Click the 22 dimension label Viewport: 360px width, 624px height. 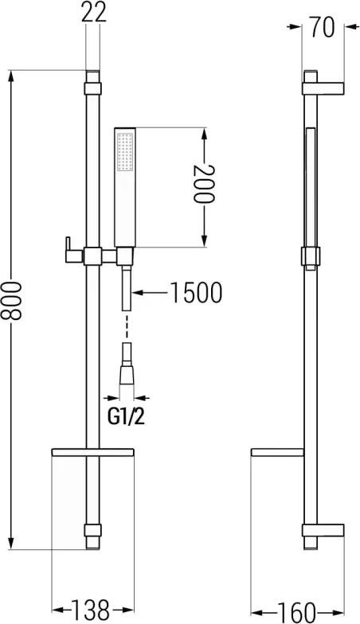tap(94, 12)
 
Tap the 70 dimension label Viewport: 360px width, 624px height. tap(323, 27)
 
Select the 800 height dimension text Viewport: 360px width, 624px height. tap(11, 301)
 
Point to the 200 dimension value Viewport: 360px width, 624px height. tap(204, 185)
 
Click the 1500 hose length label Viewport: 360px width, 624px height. tap(196, 293)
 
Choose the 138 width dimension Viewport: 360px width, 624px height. tap(91, 610)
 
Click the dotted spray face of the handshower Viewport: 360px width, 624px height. tap(125, 152)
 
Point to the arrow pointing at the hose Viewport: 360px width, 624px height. tap(151, 293)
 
